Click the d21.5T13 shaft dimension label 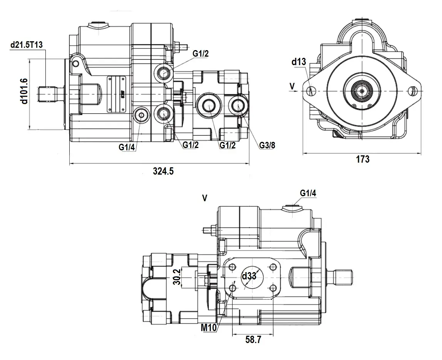26,45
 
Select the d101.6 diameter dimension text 24,91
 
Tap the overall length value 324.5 163,172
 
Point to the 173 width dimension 362,159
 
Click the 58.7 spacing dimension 253,340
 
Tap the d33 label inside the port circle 249,276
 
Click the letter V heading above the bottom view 205,198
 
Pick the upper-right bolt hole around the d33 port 273,267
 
